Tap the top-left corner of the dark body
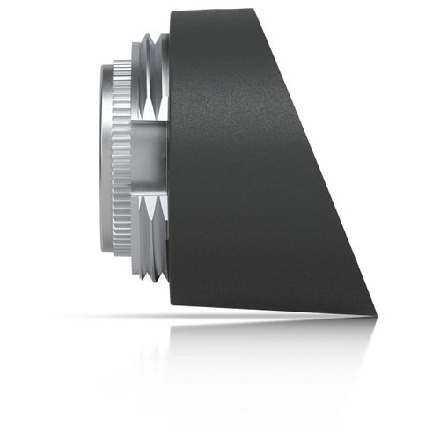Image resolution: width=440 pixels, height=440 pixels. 170,11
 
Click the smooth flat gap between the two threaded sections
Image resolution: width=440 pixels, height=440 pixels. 150,158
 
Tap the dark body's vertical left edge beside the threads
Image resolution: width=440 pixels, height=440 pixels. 169,158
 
